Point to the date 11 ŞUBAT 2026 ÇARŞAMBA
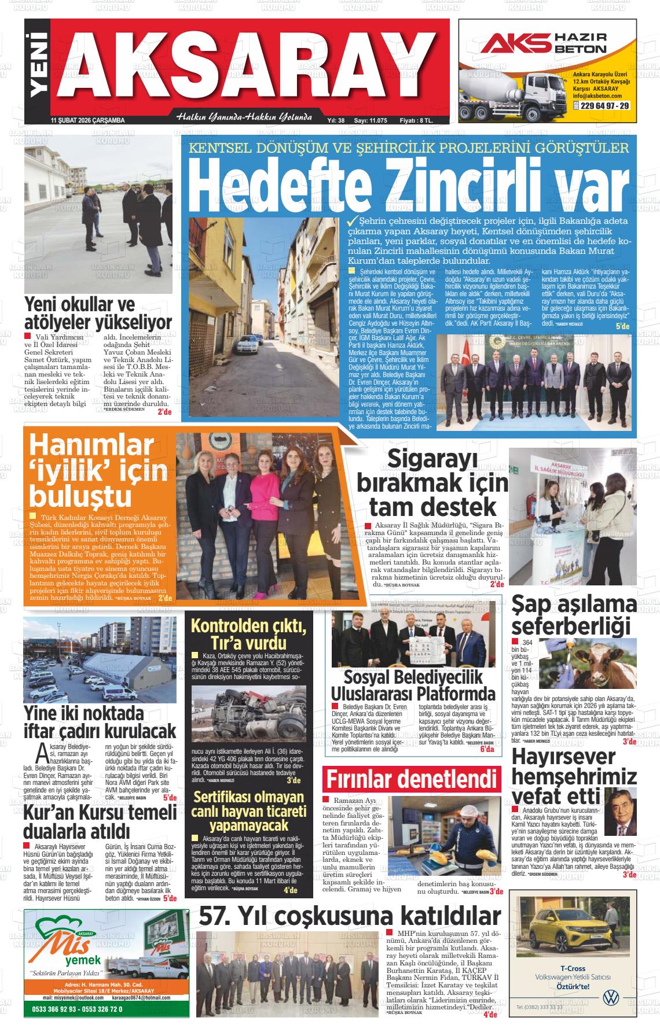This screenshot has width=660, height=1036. point(88,120)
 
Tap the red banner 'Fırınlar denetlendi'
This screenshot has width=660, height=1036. point(412,779)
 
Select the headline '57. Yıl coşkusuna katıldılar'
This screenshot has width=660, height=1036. point(349,916)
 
